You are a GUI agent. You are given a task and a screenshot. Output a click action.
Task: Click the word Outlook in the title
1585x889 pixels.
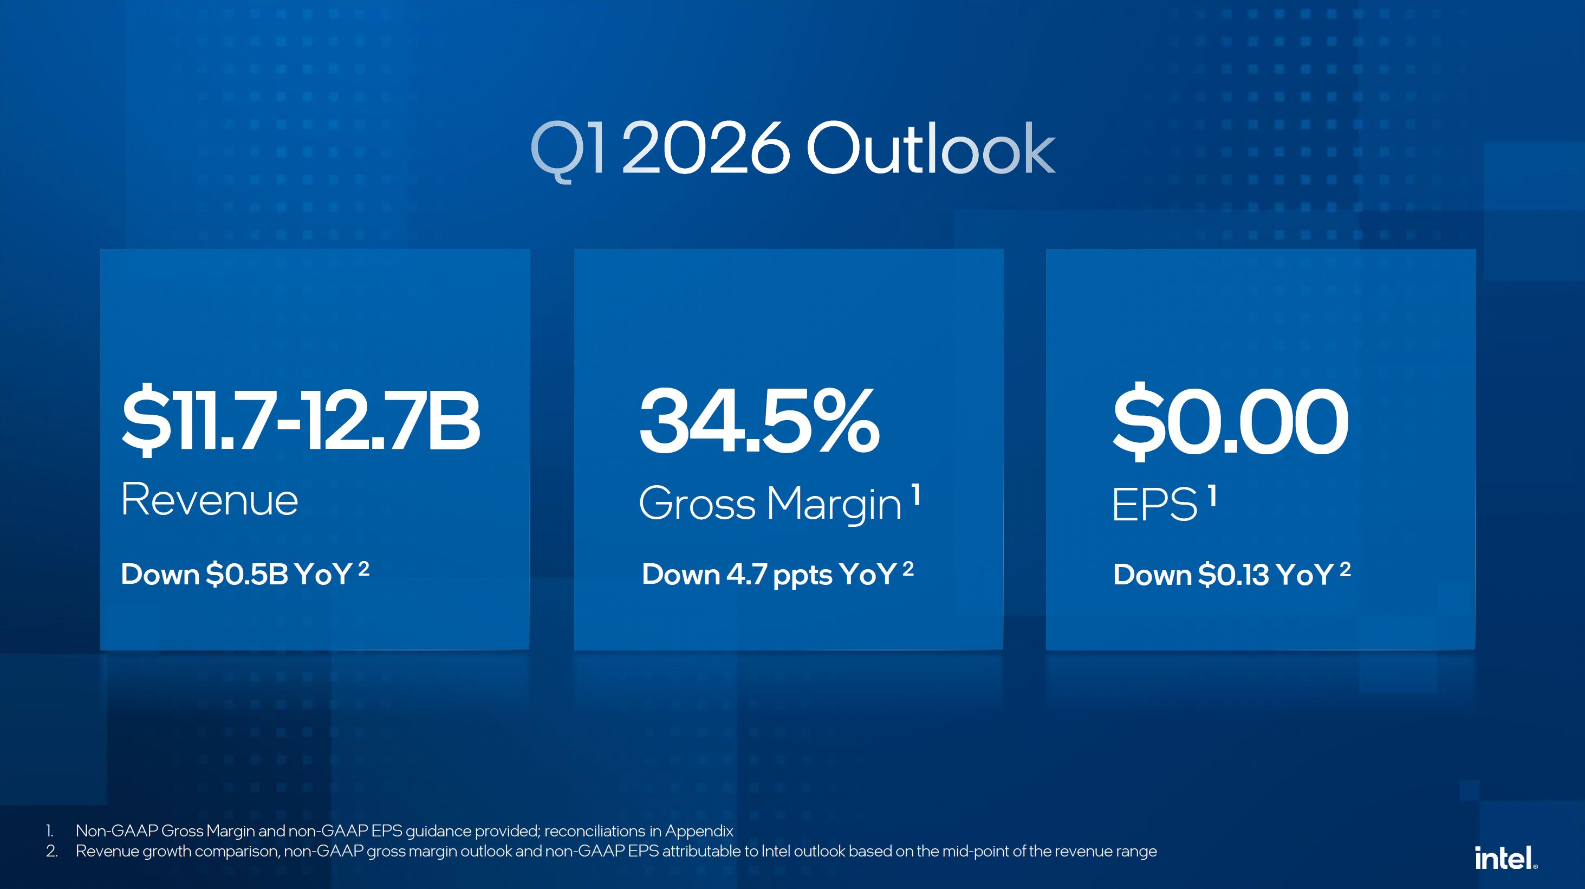pyautogui.click(x=930, y=148)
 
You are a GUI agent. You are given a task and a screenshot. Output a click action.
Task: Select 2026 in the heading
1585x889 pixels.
pyautogui.click(x=706, y=148)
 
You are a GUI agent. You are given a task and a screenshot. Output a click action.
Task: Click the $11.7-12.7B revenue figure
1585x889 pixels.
pyautogui.click(x=300, y=421)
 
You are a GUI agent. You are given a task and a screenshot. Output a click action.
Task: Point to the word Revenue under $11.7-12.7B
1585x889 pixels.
pyautogui.click(x=210, y=499)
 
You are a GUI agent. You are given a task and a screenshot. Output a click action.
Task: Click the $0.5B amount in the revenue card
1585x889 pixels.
pyautogui.click(x=246, y=574)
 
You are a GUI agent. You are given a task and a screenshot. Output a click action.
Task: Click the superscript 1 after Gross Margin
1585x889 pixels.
pyautogui.click(x=916, y=495)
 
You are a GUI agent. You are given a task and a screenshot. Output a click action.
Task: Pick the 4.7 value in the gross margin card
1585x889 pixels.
pyautogui.click(x=746, y=574)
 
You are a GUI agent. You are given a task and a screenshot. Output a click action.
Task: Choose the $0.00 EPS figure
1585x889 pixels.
pyautogui.click(x=1231, y=421)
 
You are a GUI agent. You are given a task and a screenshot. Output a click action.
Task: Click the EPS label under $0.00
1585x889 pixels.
pyautogui.click(x=1154, y=504)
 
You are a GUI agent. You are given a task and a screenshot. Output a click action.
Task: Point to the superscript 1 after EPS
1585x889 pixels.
pyautogui.click(x=1212, y=495)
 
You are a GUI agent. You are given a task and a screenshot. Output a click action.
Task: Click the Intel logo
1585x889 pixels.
pyautogui.click(x=1505, y=858)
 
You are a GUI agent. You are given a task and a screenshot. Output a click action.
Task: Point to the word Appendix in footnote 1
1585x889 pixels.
pyautogui.click(x=699, y=831)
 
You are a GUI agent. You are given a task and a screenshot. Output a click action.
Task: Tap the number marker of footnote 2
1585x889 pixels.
pyautogui.click(x=51, y=852)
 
